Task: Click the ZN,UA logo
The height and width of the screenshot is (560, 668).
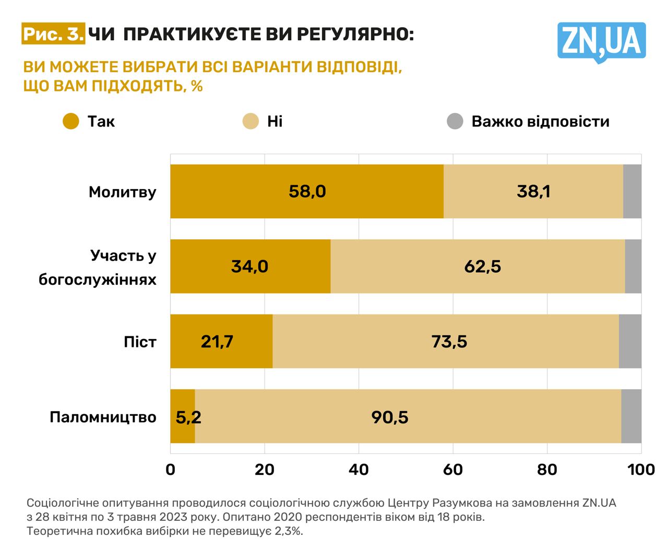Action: click(601, 42)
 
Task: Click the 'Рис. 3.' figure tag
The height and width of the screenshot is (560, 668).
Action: click(53, 34)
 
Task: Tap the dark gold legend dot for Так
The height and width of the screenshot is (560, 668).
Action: click(70, 121)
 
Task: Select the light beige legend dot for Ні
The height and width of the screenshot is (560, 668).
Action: click(250, 121)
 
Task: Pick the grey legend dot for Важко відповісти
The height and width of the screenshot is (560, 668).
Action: click(455, 121)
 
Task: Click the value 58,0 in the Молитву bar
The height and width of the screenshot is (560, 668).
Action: click(307, 192)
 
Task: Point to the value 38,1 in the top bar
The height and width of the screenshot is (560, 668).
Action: click(533, 192)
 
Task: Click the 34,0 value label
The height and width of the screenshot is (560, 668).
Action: click(249, 266)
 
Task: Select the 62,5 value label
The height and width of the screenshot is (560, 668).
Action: click(482, 266)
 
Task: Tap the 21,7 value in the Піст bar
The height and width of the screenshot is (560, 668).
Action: click(217, 342)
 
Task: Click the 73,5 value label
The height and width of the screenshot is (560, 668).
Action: click(449, 342)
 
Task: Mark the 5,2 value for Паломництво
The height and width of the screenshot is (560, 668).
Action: click(188, 417)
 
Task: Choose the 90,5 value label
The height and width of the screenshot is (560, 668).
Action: click(390, 417)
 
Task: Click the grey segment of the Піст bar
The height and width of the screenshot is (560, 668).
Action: click(630, 342)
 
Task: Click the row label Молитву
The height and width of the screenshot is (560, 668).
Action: click(123, 192)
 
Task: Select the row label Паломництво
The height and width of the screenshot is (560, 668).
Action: click(103, 417)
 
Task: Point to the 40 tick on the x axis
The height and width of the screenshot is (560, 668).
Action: click(359, 470)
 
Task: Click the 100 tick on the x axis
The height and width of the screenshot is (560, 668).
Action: click(641, 470)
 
